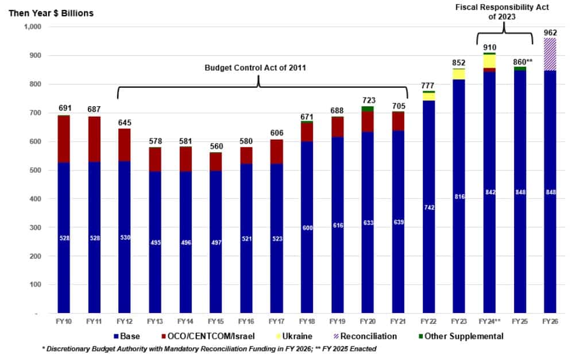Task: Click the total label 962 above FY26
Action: pos(550,33)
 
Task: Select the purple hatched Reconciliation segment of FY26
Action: pos(550,54)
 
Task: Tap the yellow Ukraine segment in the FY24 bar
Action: pos(489,61)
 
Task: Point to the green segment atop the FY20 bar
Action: pos(368,109)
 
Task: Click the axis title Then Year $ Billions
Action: pos(51,13)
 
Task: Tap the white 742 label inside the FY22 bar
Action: pos(428,208)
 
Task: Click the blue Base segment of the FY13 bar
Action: pos(155,241)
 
